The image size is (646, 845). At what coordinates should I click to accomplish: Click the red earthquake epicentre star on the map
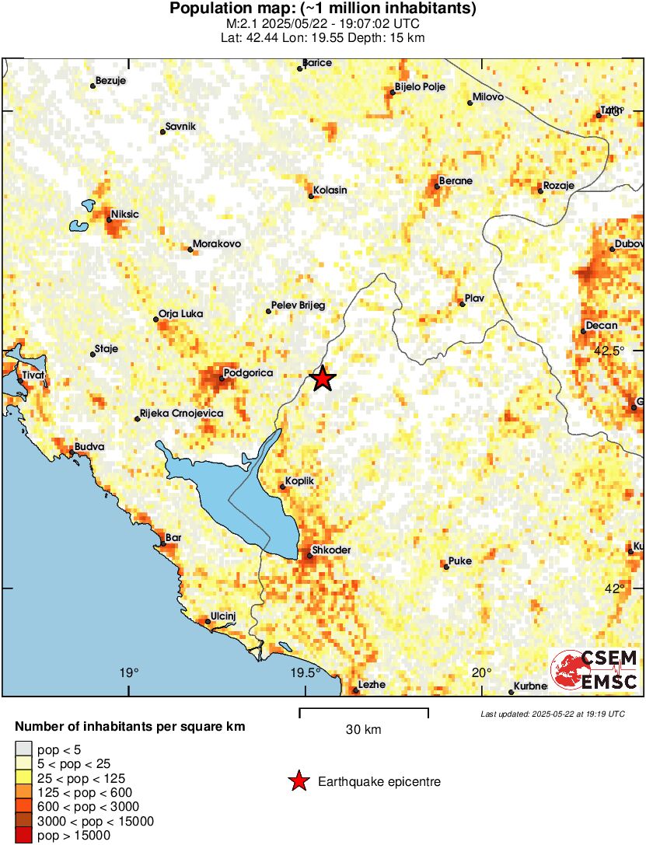click(x=323, y=379)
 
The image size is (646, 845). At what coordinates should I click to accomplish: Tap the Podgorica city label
click(x=247, y=374)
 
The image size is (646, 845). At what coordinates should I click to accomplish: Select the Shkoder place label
click(x=330, y=550)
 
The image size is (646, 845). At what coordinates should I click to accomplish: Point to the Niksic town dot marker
click(x=110, y=221)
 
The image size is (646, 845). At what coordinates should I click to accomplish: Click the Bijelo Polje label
click(x=420, y=87)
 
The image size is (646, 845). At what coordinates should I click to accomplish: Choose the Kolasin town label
click(x=330, y=190)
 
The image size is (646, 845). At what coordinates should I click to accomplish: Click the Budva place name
click(x=89, y=448)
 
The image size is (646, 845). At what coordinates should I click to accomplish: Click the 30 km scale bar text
click(x=364, y=730)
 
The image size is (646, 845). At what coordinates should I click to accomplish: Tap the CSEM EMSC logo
click(x=595, y=670)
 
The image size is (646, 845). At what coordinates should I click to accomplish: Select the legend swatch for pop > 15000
click(x=24, y=836)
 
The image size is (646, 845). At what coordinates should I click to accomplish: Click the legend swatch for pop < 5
click(x=24, y=750)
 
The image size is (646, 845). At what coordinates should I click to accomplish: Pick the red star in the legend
click(x=298, y=782)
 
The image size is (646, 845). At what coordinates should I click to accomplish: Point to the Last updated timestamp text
click(x=552, y=714)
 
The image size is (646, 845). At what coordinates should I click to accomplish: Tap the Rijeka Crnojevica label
click(x=181, y=414)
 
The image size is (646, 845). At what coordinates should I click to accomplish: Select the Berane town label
click(x=456, y=181)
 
